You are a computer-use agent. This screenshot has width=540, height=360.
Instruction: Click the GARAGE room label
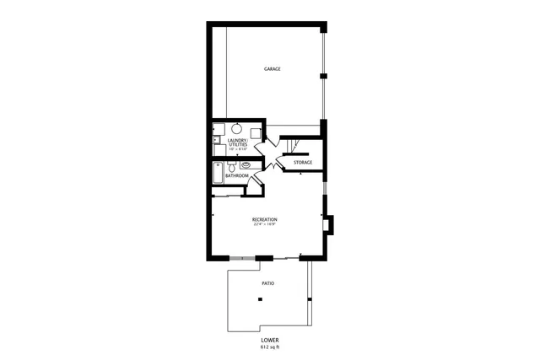pos(272,69)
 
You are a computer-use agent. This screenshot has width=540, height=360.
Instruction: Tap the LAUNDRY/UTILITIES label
pos(237,143)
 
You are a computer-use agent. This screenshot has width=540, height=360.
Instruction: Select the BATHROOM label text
pos(237,176)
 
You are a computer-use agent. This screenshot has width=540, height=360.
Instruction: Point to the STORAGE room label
pos(303,162)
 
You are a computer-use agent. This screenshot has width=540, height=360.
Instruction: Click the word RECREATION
pos(264,220)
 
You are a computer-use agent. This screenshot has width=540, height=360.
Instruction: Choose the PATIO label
pos(267,284)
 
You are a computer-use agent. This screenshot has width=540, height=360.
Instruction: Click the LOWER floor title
pos(270,341)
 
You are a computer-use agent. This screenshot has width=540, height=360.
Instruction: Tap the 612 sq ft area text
pos(270,347)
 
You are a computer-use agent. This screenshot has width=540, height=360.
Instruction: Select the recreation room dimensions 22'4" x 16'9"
pos(264,225)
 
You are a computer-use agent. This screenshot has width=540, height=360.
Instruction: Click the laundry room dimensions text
pos(237,149)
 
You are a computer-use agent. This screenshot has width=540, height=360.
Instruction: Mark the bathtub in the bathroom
pos(219,173)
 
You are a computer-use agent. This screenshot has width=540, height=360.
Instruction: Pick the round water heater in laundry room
pos(238,130)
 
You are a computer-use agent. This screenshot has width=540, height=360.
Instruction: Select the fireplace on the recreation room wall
pos(331,224)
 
